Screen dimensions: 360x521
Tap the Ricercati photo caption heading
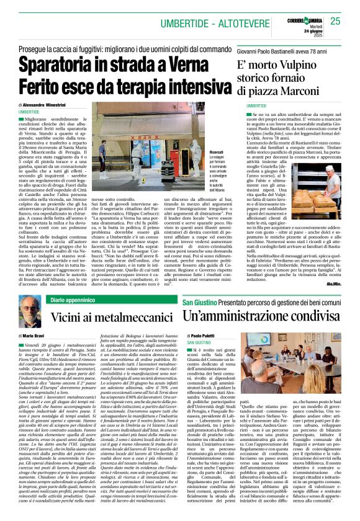point(199,152)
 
